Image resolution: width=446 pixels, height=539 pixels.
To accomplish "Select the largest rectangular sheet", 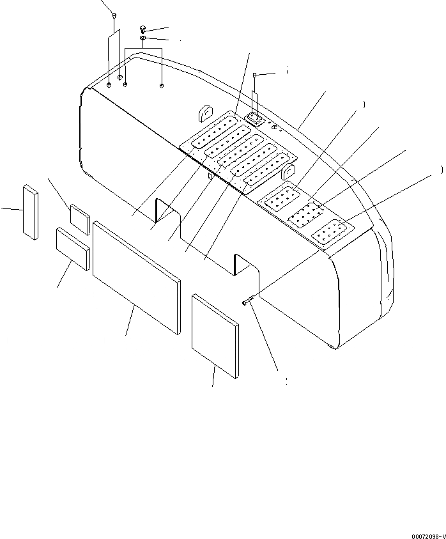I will (136, 276).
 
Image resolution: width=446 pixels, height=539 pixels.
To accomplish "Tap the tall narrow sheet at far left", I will (31, 212).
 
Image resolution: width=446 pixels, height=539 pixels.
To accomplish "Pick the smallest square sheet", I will (81, 219).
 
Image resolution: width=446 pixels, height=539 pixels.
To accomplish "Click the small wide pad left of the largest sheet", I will (72, 248).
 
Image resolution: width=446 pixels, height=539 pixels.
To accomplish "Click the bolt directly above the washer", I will (143, 29).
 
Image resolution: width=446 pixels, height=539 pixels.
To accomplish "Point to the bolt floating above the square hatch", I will (255, 75).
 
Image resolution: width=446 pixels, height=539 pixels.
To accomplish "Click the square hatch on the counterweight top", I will (255, 118).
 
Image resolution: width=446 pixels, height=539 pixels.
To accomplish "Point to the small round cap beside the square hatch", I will (275, 128).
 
